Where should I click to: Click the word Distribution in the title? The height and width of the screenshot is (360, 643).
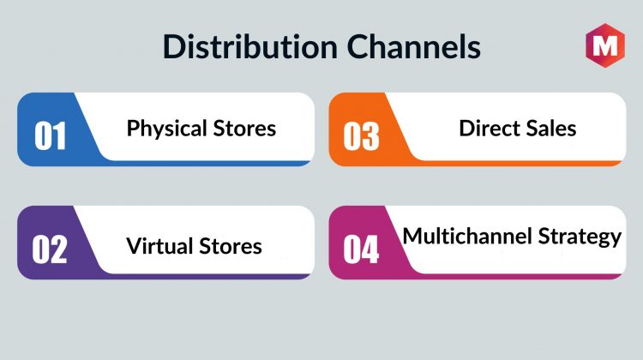point(250,46)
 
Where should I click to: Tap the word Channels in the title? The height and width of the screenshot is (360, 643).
point(414,46)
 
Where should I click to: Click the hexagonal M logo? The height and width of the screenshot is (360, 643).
point(605,45)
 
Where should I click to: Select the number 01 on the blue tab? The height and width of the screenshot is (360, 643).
point(50,135)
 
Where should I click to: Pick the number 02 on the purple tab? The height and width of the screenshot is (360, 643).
point(50,249)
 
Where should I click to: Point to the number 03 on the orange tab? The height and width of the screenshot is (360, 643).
point(361,135)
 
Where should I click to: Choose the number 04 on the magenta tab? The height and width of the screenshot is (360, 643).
point(361,249)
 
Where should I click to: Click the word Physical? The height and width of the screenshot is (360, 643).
point(166,129)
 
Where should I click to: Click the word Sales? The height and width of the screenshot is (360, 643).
point(551,128)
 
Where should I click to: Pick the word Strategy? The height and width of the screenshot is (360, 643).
point(580,237)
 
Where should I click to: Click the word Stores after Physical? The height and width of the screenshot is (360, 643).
point(244,128)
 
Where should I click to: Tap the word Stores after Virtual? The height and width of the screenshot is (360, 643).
point(231,246)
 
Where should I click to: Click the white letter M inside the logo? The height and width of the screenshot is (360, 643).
point(605,45)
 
